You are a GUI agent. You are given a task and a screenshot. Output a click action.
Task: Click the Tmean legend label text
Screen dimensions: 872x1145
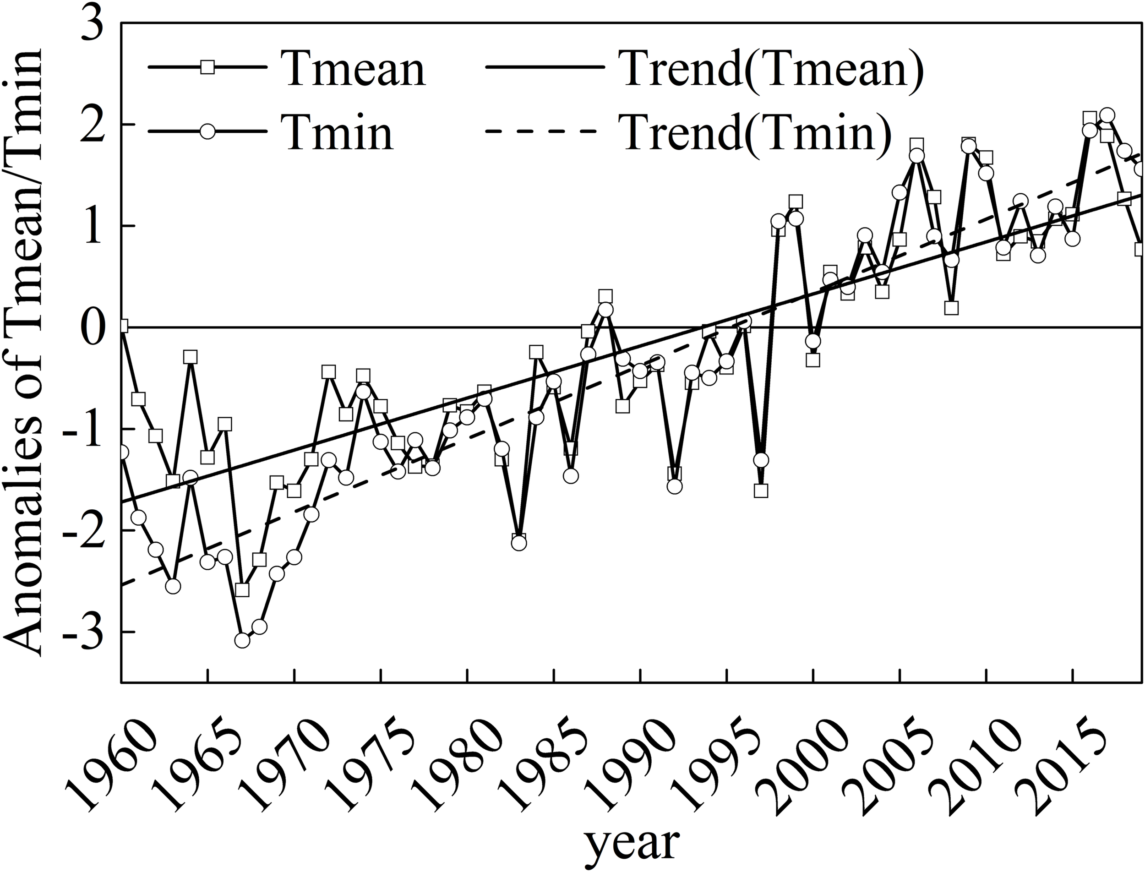(353, 68)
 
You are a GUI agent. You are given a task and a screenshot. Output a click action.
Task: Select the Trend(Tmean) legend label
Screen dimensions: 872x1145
(774, 68)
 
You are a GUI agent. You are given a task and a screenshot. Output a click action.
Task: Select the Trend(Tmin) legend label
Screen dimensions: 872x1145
(758, 131)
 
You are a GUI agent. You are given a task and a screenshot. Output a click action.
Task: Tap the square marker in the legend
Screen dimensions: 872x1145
(207, 67)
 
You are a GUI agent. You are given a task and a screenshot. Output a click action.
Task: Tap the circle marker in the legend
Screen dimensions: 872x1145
(207, 131)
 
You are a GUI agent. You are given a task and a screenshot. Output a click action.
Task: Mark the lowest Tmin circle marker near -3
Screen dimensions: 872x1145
(242, 641)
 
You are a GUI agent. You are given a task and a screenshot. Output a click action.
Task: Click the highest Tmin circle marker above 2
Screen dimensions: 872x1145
(1107, 115)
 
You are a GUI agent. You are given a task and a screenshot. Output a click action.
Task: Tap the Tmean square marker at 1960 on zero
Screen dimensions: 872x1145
(122, 326)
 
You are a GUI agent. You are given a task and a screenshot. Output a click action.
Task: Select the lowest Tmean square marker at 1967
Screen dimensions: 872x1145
(242, 590)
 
